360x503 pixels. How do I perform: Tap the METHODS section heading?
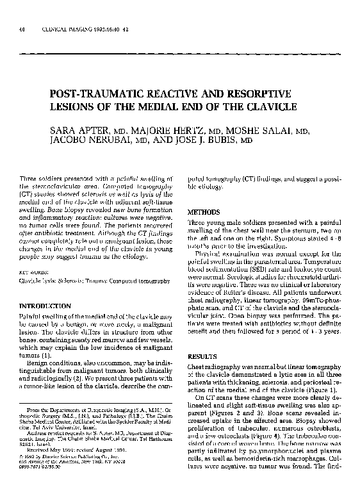pos(204,211)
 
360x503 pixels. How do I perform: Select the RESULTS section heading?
pos(200,356)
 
